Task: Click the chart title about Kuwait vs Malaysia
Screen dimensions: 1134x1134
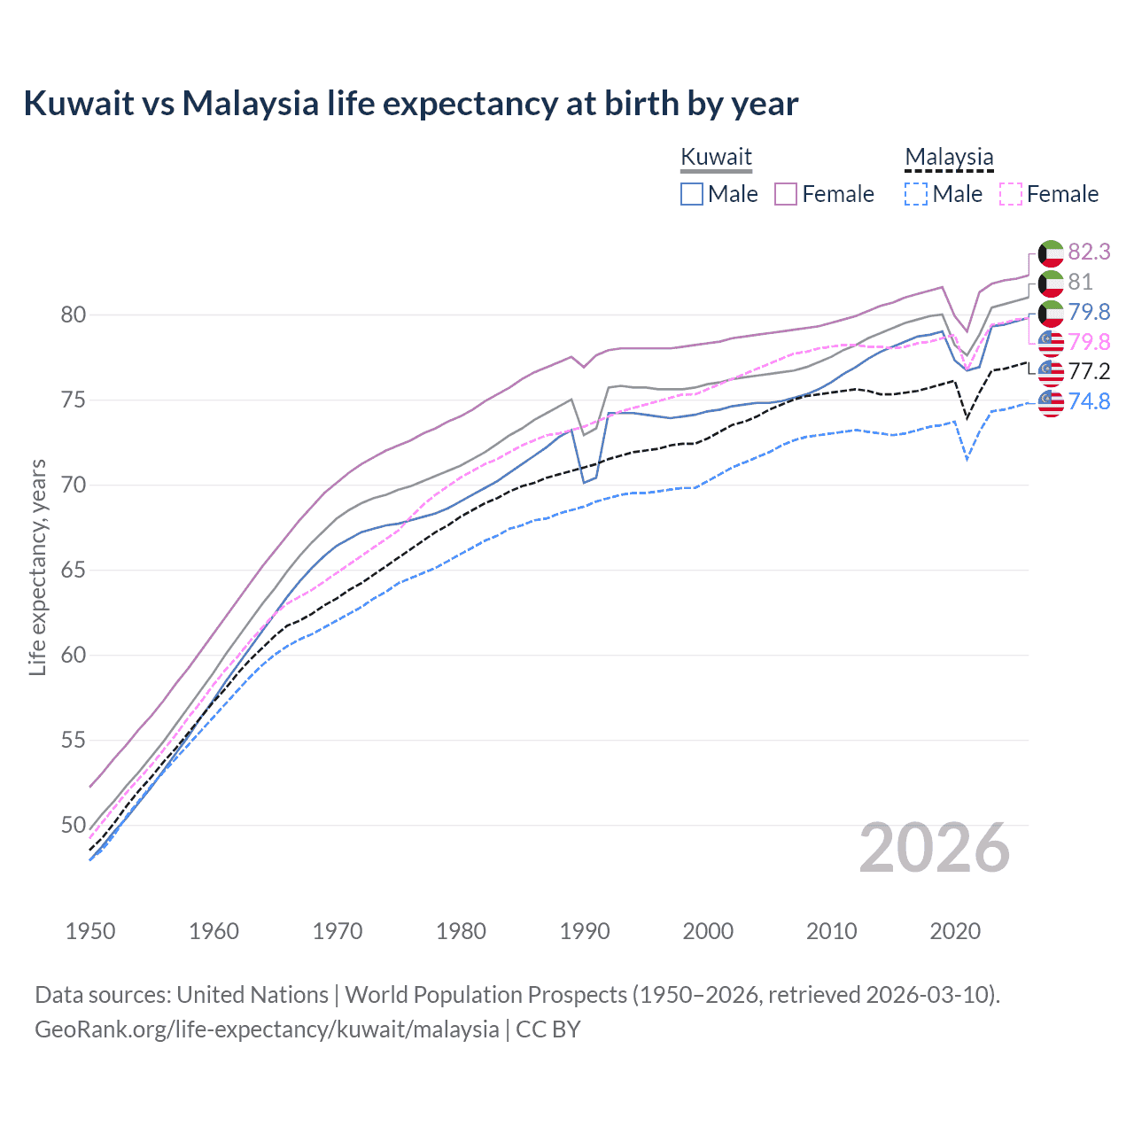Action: click(x=410, y=104)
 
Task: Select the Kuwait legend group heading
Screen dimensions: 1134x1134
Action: click(x=716, y=157)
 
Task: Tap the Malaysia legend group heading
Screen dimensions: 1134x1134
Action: click(x=949, y=157)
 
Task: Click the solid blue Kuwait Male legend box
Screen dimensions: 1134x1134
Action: click(x=692, y=194)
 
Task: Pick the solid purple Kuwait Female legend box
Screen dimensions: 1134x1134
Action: click(x=786, y=194)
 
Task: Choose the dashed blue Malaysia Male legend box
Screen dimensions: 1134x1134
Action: click(x=916, y=194)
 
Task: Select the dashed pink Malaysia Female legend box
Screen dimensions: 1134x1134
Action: click(x=1010, y=194)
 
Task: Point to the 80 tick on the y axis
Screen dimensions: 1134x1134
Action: click(x=74, y=315)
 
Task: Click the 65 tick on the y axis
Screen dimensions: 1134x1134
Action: click(x=74, y=570)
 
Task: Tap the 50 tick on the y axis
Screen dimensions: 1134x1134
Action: click(x=74, y=825)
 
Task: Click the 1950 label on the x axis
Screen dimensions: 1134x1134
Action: click(x=90, y=931)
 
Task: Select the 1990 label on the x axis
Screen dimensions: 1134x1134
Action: click(x=585, y=931)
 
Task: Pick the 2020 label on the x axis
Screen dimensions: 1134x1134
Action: click(x=955, y=931)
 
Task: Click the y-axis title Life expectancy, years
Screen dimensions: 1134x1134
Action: click(x=37, y=567)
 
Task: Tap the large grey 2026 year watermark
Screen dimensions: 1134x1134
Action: click(x=934, y=849)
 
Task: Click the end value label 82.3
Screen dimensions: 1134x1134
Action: click(x=1089, y=252)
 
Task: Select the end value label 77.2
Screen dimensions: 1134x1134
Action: click(x=1089, y=371)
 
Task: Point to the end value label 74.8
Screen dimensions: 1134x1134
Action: click(x=1089, y=401)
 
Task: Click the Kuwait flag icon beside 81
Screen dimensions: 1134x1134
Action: click(x=1051, y=283)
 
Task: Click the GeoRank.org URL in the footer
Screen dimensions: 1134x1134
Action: click(x=267, y=1029)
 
